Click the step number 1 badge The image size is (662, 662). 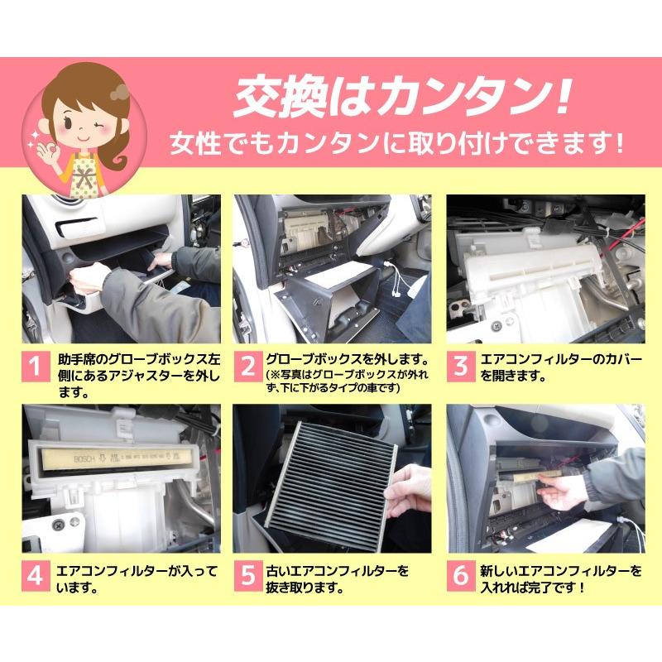pos(36,366)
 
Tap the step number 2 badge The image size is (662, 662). pos(248,366)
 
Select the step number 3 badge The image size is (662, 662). pos(461,366)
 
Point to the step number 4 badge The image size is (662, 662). pos(36,576)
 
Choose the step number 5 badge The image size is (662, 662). pos(248,576)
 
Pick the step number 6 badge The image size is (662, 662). pos(461,576)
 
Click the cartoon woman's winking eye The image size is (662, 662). pos(99,127)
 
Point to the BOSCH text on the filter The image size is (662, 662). pos(84,459)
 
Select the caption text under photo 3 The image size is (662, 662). pos(561,367)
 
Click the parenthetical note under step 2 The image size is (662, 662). pos(347,381)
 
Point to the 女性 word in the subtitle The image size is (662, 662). pos(196,143)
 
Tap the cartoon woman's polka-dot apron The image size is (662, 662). pos(88,176)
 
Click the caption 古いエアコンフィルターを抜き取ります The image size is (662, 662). pos(338,578)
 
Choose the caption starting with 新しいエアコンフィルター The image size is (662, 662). pos(561,578)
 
